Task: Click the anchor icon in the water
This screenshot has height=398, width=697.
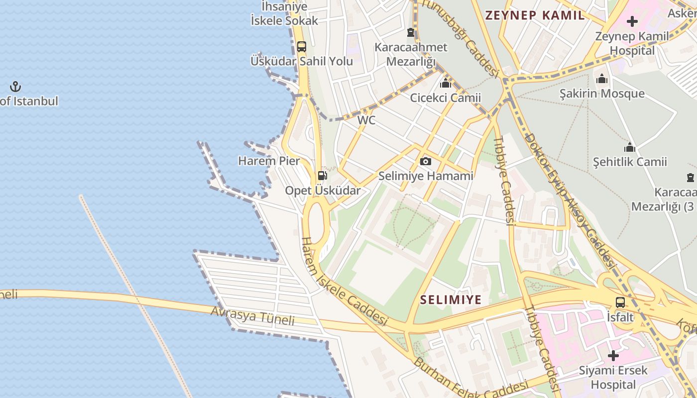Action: tap(15, 87)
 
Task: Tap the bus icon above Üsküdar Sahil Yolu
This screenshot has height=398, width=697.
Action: tap(301, 47)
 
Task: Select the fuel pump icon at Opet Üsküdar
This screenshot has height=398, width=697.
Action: tap(322, 176)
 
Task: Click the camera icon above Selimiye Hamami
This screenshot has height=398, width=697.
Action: tap(425, 161)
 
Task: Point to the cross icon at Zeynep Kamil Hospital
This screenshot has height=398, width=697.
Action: tap(632, 21)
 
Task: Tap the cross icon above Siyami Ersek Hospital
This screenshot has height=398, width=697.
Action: tap(613, 356)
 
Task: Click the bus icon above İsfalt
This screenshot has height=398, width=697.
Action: tap(620, 302)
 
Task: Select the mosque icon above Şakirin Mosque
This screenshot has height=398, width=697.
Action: tap(601, 79)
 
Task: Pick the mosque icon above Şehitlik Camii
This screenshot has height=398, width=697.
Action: tap(630, 147)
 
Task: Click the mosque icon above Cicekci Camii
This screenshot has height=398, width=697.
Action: tap(445, 83)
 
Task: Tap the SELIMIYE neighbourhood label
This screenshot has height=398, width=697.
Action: tap(451, 299)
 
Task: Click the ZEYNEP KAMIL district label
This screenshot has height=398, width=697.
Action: tap(535, 15)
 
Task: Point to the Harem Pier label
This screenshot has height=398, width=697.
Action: tap(269, 161)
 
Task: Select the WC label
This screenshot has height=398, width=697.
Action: tap(366, 120)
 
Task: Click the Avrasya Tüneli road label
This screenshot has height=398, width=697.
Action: tap(252, 316)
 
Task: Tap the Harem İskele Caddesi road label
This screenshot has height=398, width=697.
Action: tap(344, 281)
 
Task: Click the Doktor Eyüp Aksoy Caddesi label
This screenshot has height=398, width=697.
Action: tap(568, 199)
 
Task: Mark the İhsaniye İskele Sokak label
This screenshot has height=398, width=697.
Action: tap(284, 13)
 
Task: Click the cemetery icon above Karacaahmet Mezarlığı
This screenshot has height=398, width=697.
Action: tap(410, 33)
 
